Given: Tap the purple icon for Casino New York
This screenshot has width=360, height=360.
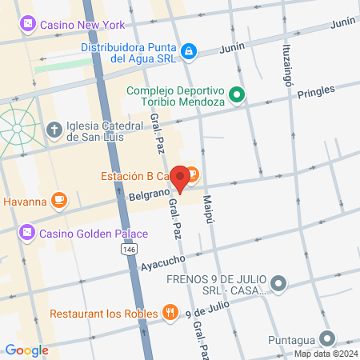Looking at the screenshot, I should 28,25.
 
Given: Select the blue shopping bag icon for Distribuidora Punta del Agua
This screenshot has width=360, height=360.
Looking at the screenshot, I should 188,51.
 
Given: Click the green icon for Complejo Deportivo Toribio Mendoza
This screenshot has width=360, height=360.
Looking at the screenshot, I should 237,95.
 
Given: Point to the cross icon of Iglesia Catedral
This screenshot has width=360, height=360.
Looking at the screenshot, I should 54,130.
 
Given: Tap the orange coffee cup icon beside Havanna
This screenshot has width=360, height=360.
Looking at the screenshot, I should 58,200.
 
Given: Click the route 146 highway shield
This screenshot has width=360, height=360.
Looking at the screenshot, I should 129,250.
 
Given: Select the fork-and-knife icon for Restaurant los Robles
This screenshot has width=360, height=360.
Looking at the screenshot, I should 169,313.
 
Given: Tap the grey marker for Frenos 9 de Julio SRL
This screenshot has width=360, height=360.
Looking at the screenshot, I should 278,283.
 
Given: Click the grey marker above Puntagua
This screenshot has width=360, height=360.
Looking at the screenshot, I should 326,338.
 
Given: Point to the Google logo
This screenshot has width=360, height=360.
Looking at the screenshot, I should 26,350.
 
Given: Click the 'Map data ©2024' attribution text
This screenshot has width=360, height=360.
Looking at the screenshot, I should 325,354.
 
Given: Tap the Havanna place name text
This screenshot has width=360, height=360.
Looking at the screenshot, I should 25,201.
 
